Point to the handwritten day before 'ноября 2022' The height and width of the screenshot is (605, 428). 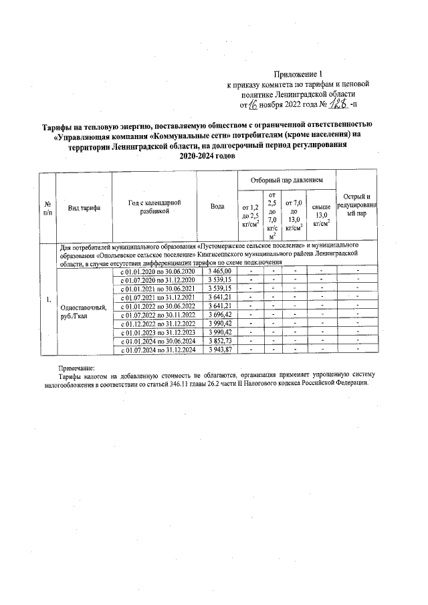(253, 104)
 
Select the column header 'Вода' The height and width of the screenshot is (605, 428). (217, 207)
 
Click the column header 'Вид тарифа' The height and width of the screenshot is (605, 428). (84, 208)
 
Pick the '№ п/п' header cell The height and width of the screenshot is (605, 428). (47, 207)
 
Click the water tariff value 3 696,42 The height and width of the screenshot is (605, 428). (219, 314)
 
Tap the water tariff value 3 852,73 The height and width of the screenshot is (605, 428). (219, 340)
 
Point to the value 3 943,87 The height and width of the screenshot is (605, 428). (219, 349)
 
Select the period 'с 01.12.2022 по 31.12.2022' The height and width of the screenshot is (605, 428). (157, 323)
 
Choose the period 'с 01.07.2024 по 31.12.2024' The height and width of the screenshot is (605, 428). (157, 349)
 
